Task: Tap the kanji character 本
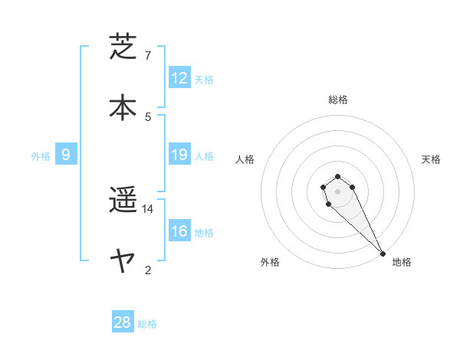point(124,106)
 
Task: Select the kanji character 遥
point(124,201)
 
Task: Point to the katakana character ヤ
point(124,261)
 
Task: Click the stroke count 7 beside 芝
point(148,56)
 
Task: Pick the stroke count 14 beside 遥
point(148,209)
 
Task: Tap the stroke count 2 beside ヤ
point(148,270)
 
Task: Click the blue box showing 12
point(179,78)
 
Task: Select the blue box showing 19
point(179,155)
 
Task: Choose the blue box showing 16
point(179,231)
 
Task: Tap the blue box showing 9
point(66,155)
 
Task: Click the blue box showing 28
point(123,322)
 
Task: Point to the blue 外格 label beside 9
point(41,156)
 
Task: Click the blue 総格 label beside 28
point(147,324)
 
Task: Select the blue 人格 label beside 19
point(204,156)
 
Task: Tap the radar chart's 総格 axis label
point(338,100)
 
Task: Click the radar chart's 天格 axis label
point(432,159)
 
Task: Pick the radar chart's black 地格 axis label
point(402,262)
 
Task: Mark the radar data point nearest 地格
point(383,253)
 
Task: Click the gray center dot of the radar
point(337,191)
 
